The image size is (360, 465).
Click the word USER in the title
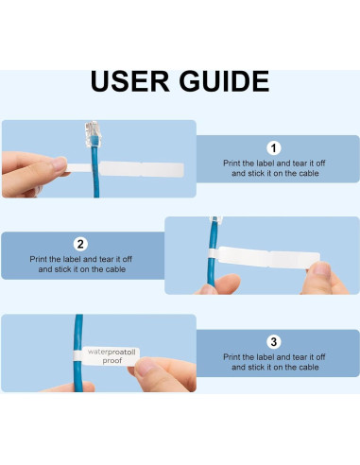point(131,81)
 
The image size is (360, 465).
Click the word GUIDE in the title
point(222,81)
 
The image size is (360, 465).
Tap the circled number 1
point(274,147)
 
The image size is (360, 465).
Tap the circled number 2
point(80,243)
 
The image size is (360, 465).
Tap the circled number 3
point(274,340)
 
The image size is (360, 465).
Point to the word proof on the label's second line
point(112,360)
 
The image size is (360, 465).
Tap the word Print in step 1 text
point(233,163)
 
